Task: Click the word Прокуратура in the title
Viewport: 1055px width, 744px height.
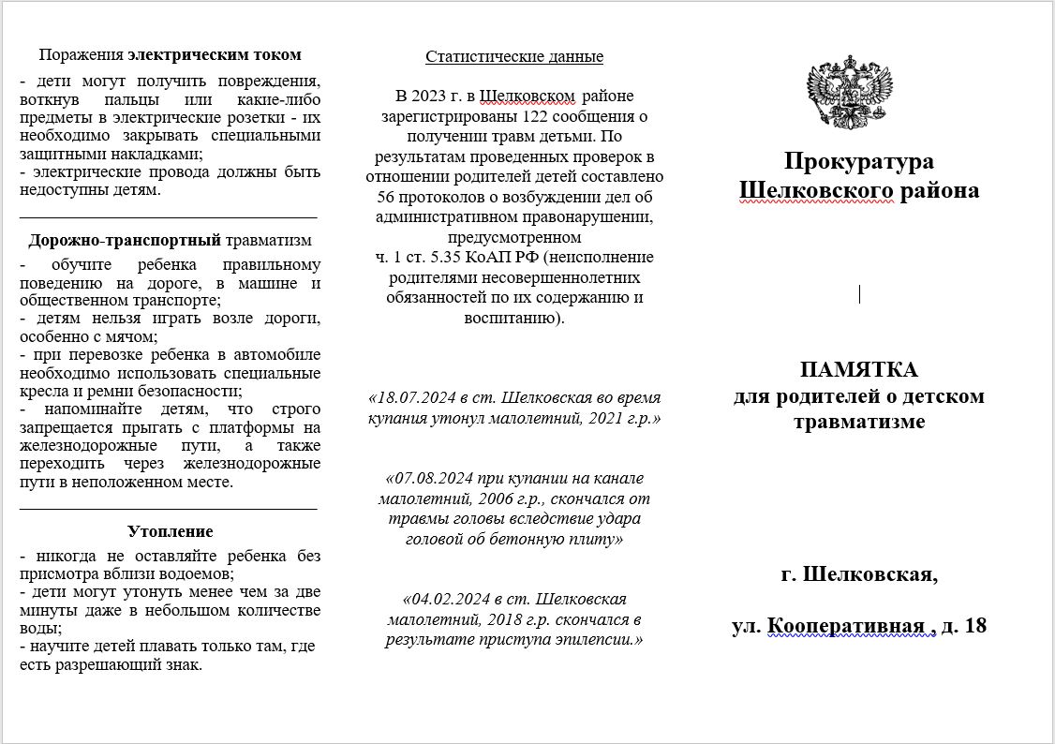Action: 858,161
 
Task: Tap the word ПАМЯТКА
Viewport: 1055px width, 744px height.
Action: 858,368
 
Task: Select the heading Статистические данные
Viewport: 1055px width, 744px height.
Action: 514,56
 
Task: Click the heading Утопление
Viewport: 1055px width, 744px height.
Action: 170,531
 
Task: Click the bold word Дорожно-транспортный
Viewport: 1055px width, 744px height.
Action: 125,240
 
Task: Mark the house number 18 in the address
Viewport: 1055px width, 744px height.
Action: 974,625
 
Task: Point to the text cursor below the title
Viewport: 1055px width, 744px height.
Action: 859,293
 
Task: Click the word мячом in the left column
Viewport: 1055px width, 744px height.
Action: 129,335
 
